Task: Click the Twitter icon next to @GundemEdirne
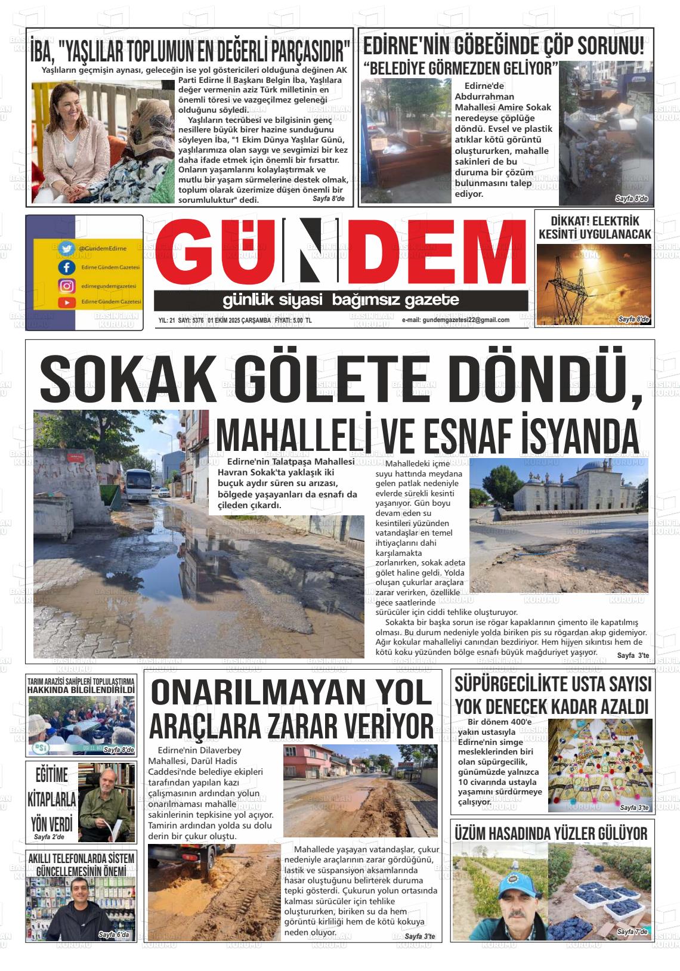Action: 66,248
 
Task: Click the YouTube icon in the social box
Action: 66,302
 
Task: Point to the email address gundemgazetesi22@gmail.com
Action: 455,320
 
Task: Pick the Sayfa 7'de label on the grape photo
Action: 632,931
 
